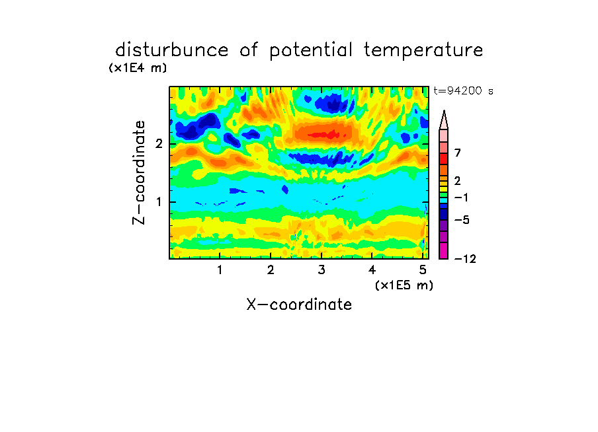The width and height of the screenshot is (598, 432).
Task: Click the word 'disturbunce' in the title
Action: tap(172, 50)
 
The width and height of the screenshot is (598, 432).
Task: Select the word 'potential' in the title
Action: tap(310, 51)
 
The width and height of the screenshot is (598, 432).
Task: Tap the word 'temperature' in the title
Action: tap(423, 51)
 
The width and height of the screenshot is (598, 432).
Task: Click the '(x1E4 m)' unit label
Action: tap(138, 68)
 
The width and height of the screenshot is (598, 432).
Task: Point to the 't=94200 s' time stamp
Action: tap(463, 91)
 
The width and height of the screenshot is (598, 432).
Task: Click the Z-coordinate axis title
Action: tap(139, 172)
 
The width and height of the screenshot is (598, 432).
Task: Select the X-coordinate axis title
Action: tap(299, 305)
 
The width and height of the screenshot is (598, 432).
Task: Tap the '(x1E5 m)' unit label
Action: tap(404, 285)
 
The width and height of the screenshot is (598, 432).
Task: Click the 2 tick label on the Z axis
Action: tap(159, 144)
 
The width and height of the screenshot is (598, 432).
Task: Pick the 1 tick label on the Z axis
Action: tap(159, 202)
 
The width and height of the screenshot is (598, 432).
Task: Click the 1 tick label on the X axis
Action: tap(220, 270)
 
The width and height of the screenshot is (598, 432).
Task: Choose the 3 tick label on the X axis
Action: tap(321, 270)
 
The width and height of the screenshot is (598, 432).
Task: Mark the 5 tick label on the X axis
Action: tap(423, 270)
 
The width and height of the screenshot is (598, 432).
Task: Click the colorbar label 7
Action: tap(458, 153)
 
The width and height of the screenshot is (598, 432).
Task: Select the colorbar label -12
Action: tap(465, 259)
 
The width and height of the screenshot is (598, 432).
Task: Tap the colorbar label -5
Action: tap(462, 220)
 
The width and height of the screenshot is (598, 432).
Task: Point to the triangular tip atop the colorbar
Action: tap(444, 111)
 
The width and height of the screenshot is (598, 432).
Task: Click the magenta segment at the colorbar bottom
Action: tap(444, 250)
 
